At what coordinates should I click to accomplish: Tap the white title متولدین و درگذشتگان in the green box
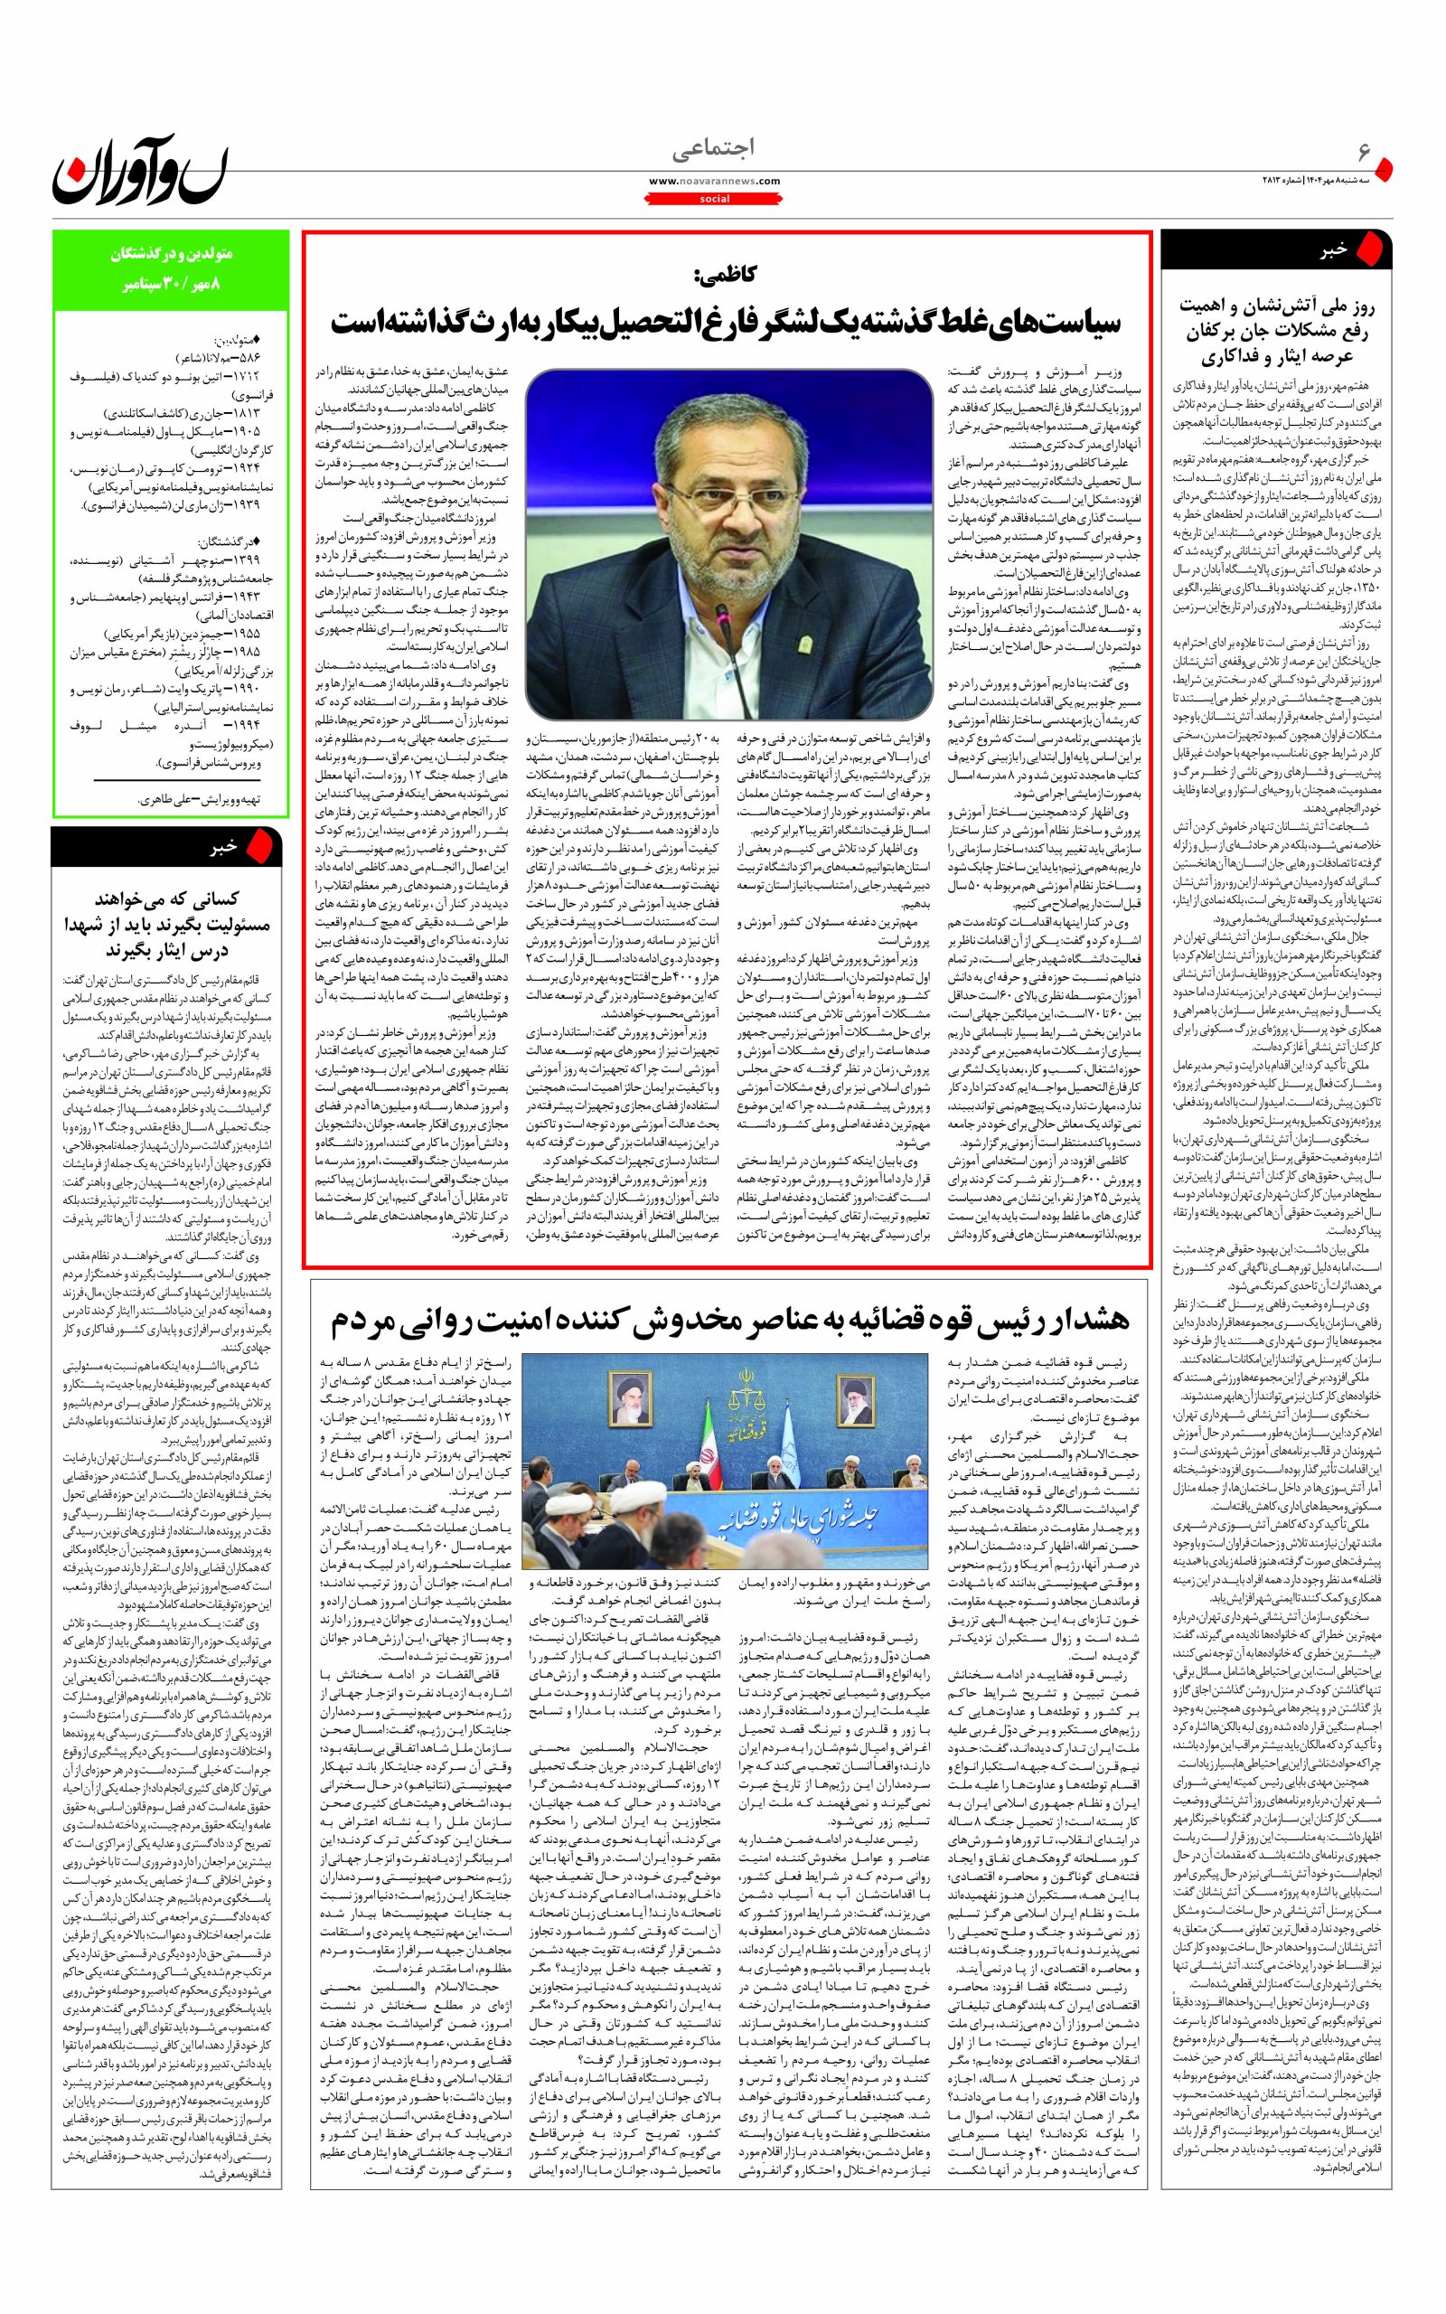(171, 257)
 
